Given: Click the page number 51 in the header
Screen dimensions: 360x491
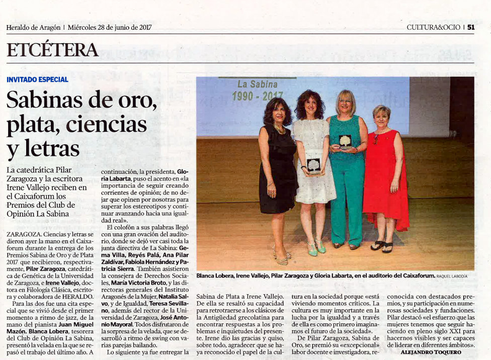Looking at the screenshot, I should coord(471,28).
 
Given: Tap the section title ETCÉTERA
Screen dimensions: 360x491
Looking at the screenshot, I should coord(52,50).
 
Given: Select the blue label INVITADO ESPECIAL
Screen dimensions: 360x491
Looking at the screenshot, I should coord(38,79).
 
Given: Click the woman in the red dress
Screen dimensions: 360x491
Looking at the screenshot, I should coord(385,176).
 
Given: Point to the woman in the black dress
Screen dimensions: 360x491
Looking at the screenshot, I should coord(278,171).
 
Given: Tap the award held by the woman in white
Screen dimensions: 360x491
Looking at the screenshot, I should coord(313,165).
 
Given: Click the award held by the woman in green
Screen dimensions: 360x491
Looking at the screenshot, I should coord(345,141).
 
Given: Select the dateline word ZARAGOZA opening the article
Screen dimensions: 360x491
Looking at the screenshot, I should coord(24,234).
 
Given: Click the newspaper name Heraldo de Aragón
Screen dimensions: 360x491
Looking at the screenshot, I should coord(33,28).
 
